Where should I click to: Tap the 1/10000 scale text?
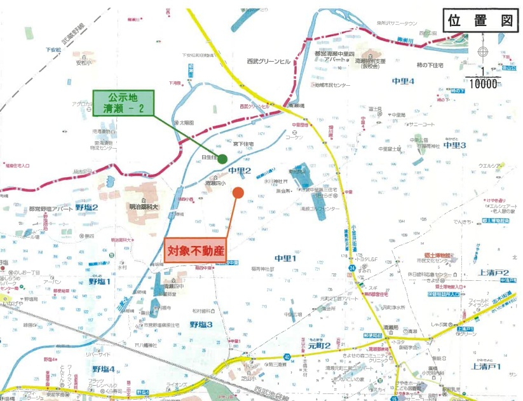(482, 78)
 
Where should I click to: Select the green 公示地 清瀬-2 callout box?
(124, 103)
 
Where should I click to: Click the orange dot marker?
(238, 192)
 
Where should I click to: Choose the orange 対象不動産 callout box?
(196, 250)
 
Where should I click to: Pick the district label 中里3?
(455, 146)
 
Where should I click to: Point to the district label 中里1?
(286, 258)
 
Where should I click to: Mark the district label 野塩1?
(100, 281)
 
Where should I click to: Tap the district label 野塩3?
(201, 325)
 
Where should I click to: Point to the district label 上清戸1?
(487, 367)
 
